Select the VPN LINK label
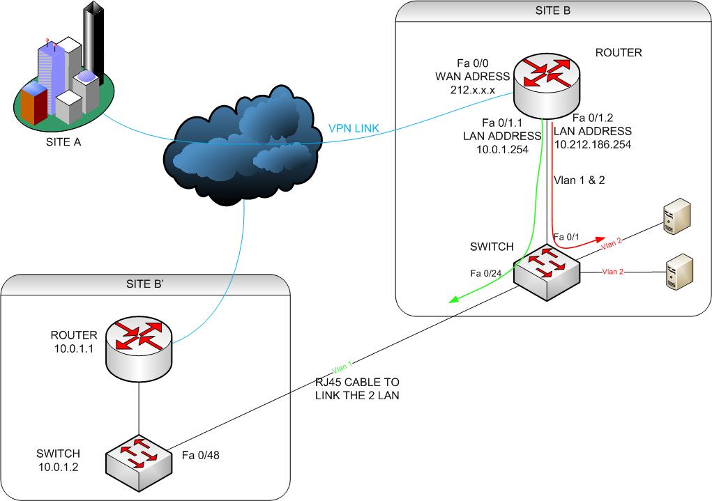(x=354, y=128)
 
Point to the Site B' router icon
(x=139, y=349)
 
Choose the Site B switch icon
(x=547, y=272)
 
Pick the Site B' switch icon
(x=139, y=463)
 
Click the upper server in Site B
(x=677, y=216)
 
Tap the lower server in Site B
(x=680, y=272)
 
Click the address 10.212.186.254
(x=593, y=145)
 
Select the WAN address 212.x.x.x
(x=473, y=90)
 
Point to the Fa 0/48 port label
(x=201, y=455)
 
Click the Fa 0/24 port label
(x=486, y=273)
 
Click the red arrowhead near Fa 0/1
(x=600, y=239)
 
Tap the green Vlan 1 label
(x=342, y=367)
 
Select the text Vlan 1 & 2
(x=580, y=180)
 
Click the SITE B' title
(x=145, y=284)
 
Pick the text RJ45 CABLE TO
(x=357, y=382)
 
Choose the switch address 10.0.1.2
(x=58, y=467)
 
